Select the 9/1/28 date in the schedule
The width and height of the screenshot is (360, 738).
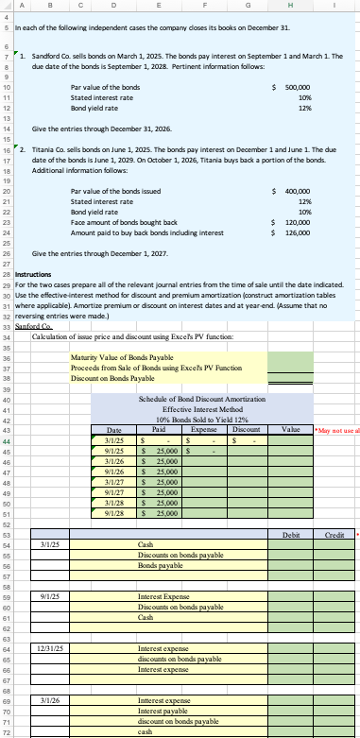(117, 489)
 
